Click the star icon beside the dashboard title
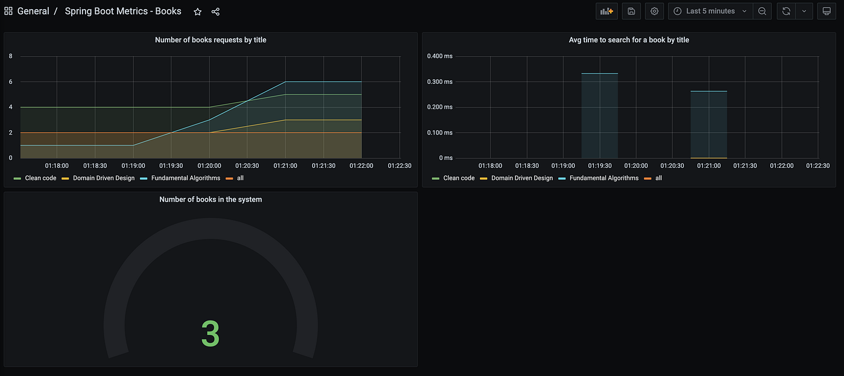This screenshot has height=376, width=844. click(x=198, y=11)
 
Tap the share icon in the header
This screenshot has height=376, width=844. click(x=216, y=11)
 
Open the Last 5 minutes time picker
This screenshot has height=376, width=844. click(x=711, y=11)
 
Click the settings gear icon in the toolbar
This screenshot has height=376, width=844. click(x=655, y=11)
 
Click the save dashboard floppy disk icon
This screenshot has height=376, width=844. click(x=632, y=11)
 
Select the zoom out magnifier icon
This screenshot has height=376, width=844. click(x=762, y=11)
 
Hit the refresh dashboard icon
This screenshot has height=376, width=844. click(x=786, y=11)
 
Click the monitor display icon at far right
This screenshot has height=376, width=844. click(x=827, y=11)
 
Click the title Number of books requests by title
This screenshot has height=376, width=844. click(x=210, y=40)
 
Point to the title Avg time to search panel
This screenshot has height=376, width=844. click(x=629, y=40)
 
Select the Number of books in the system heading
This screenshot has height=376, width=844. click(x=210, y=200)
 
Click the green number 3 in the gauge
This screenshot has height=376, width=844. click(x=210, y=333)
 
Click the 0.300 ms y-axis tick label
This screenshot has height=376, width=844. click(x=439, y=82)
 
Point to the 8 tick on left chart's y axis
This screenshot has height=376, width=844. click(x=11, y=56)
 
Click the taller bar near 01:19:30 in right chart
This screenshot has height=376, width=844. click(x=599, y=115)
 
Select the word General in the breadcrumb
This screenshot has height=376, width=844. click(x=33, y=11)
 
